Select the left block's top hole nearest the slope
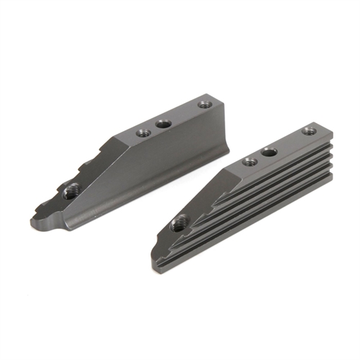(x=143, y=133)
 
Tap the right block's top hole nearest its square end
(x=308, y=131)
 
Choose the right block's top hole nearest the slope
(x=249, y=162)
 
